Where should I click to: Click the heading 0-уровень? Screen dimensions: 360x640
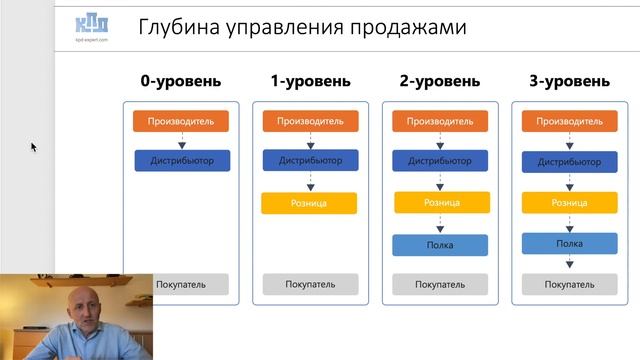[181, 81]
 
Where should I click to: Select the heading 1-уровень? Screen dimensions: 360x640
[310, 81]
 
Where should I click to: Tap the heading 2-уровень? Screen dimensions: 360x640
[440, 81]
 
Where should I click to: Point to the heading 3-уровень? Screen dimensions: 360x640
[569, 81]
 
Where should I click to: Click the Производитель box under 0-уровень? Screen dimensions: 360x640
[181, 121]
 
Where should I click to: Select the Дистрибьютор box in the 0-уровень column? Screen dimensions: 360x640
[182, 160]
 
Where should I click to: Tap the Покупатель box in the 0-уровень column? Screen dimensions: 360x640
[181, 284]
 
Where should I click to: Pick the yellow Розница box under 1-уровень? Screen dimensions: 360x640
[310, 203]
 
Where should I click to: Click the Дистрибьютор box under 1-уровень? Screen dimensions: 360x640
[310, 160]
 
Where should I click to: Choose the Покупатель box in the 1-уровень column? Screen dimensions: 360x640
[310, 284]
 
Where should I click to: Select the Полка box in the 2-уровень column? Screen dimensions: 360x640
[440, 245]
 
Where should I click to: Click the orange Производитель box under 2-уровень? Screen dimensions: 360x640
[440, 121]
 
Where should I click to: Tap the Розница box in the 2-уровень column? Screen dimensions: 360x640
[440, 203]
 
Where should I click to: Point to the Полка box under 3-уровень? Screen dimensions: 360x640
[569, 243]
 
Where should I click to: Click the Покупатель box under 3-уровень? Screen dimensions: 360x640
[569, 284]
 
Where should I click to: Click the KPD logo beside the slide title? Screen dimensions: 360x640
[92, 27]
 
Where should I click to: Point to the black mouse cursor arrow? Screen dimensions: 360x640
[33, 147]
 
